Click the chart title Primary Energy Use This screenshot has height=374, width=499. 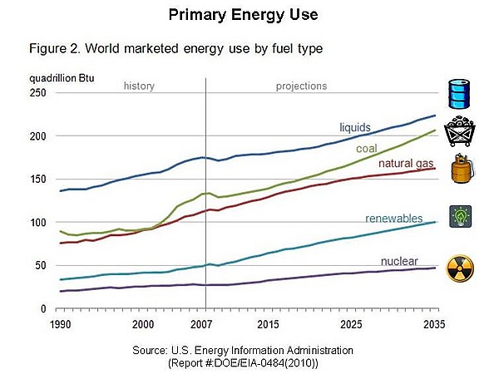click(x=232, y=15)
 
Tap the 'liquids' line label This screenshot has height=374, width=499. click(x=355, y=128)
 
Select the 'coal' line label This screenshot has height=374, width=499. click(x=367, y=149)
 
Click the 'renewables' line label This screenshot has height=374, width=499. click(x=395, y=219)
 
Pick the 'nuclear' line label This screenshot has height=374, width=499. click(x=398, y=262)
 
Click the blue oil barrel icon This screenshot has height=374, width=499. click(x=460, y=95)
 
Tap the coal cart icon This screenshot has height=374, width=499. click(x=460, y=133)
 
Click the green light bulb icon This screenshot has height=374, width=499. click(x=460, y=215)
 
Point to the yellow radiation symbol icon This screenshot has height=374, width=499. click(x=461, y=268)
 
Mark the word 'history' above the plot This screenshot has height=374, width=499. click(x=139, y=86)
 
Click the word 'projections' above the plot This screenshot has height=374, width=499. click(x=302, y=86)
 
